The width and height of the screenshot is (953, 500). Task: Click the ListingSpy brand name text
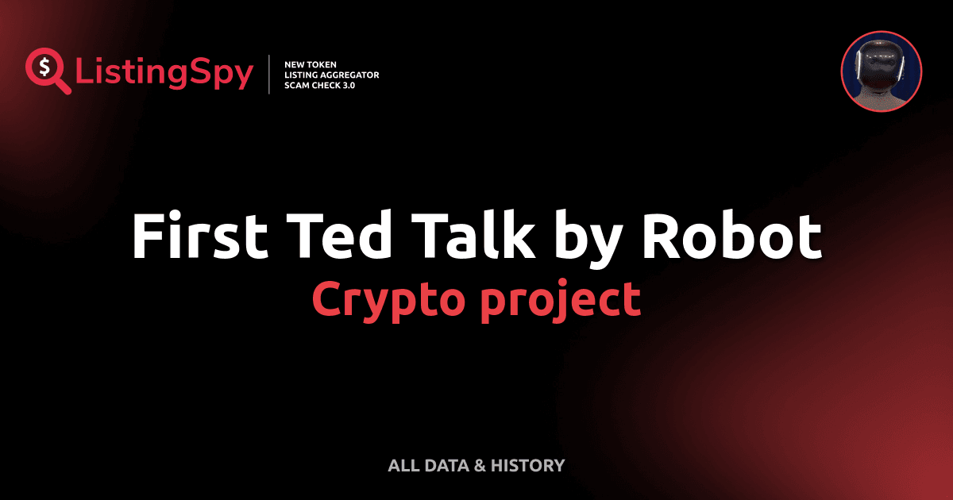(x=164, y=74)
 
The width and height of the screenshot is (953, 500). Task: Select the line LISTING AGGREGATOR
(x=331, y=74)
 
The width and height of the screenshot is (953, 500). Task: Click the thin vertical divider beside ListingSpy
(x=270, y=74)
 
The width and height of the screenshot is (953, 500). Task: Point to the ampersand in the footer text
(x=479, y=465)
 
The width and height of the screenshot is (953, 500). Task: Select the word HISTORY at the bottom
(x=527, y=465)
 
